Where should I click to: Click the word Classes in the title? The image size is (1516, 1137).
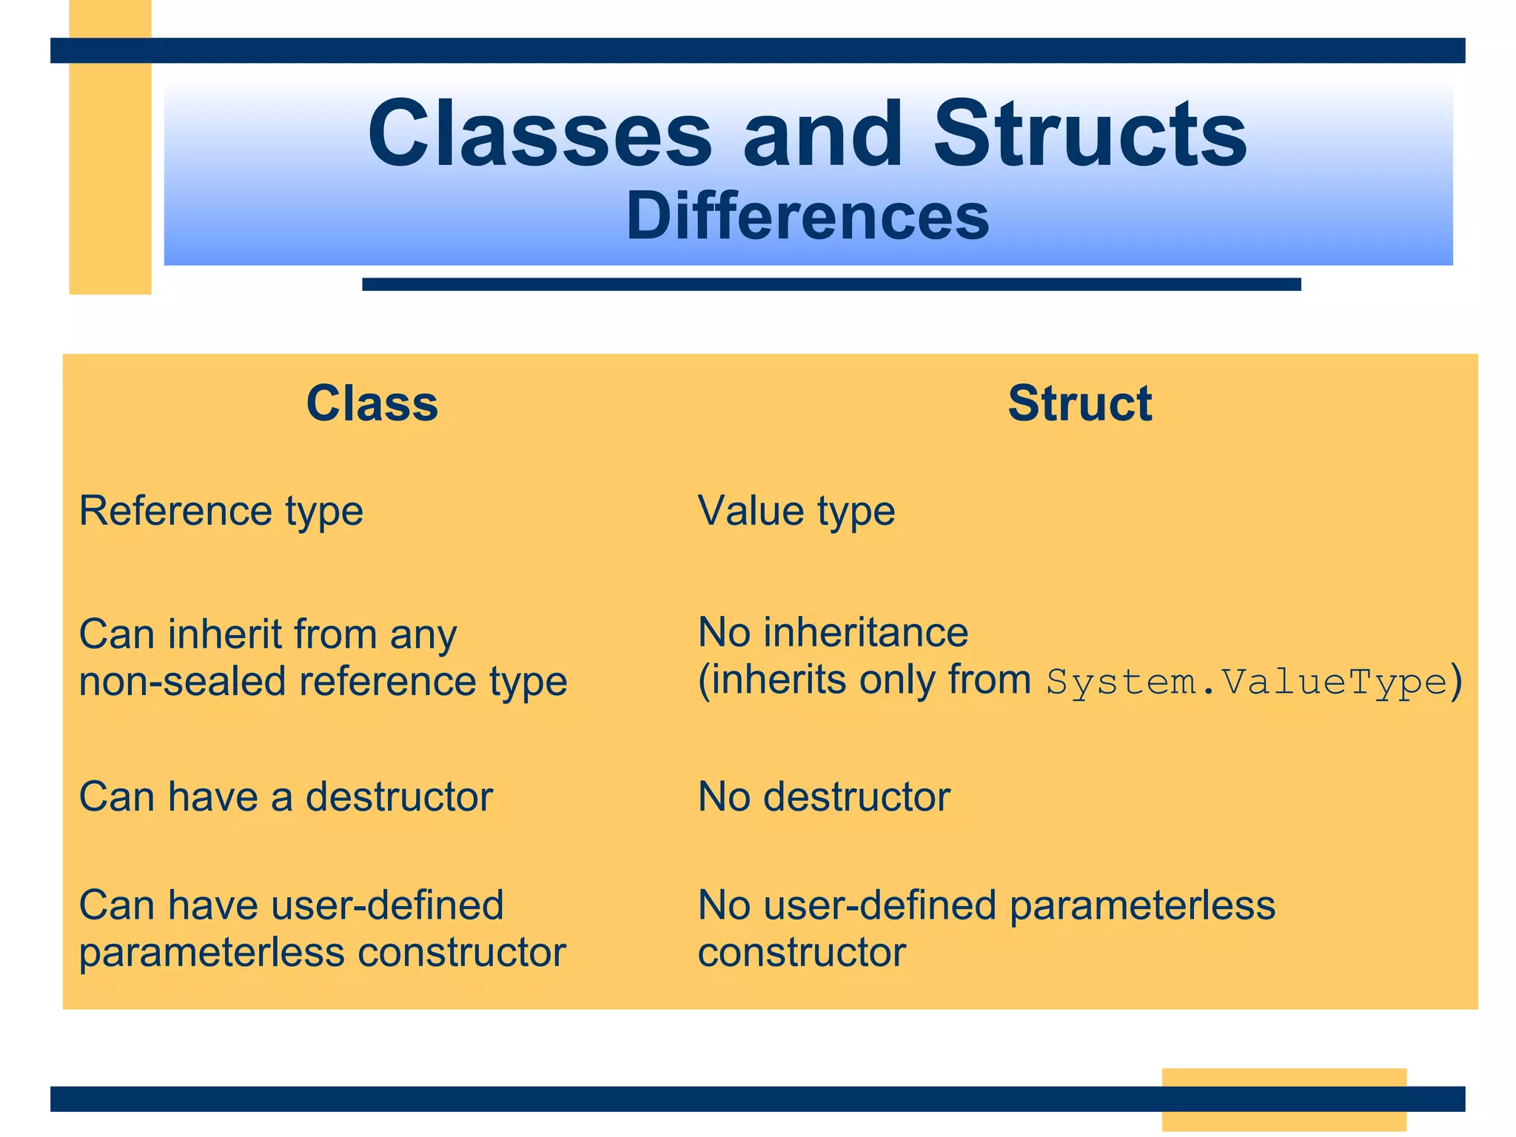(x=540, y=135)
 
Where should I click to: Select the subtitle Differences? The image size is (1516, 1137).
(x=807, y=216)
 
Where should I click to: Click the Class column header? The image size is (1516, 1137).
(x=372, y=404)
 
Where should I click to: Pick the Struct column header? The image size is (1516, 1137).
(x=1079, y=404)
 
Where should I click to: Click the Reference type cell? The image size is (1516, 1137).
(x=221, y=512)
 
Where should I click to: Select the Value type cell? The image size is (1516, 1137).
(x=796, y=512)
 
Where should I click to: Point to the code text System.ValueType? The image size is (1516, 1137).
(x=1247, y=682)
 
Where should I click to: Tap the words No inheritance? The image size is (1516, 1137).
(x=833, y=633)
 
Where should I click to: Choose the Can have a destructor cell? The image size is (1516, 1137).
(x=286, y=797)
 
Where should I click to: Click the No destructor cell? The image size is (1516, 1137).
(x=823, y=797)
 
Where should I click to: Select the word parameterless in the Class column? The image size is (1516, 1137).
(x=212, y=953)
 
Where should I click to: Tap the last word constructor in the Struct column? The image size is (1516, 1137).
(x=802, y=953)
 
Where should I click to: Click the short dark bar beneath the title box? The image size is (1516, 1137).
(x=831, y=284)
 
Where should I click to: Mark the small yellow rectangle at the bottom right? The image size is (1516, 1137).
(x=1284, y=1077)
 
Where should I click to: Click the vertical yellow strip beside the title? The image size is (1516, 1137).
(x=110, y=178)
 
